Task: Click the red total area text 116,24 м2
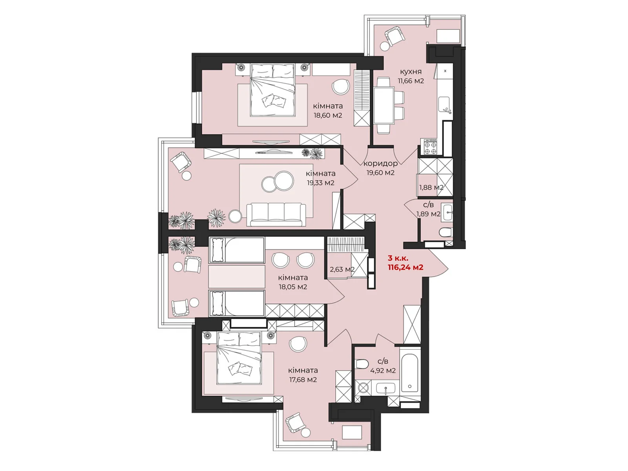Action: coord(405,268)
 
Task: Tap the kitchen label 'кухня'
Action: coord(411,72)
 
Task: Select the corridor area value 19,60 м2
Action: coord(380,173)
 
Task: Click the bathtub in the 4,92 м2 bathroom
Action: coord(410,373)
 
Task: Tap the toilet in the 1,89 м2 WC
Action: coord(446,233)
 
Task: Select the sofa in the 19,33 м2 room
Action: coord(276,214)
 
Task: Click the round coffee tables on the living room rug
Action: coord(277,182)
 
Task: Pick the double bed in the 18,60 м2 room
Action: coord(273,91)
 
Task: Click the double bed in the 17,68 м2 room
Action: coord(239,358)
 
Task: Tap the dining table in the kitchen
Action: coord(384,105)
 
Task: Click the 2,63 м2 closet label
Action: coord(342,270)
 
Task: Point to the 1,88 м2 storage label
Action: coord(431,188)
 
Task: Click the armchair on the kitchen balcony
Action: coord(394,37)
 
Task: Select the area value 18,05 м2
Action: coord(293,287)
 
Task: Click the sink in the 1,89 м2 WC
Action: coord(447,212)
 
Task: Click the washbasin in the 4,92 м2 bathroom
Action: coord(386,389)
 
